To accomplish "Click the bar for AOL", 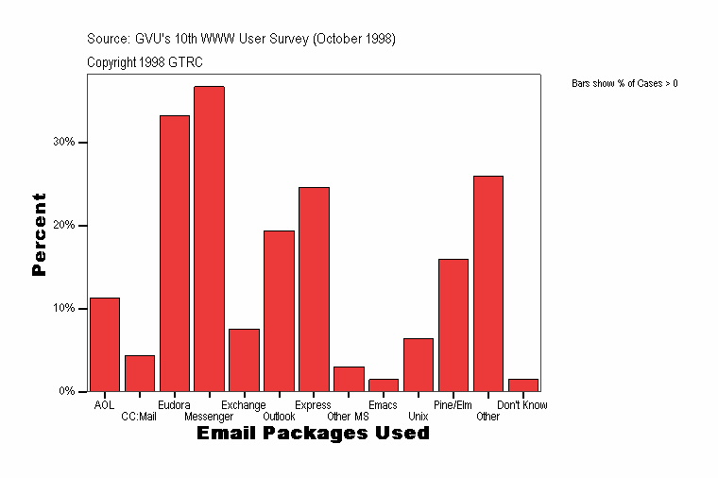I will pos(105,345).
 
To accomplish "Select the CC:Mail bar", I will pos(140,373).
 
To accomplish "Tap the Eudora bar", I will pos(175,253).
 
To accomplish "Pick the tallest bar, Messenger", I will pos(209,239).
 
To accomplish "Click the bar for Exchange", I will pos(244,360).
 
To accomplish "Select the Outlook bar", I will pos(279,311).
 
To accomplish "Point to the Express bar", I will pos(314,289).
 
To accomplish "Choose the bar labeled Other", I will pos(488,283).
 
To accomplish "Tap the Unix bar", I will pos(419,365).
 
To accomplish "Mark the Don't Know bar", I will pos(523,384).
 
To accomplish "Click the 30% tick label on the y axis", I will pos(64,143).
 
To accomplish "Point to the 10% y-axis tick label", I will pos(64,309).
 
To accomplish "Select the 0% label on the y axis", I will pos(67,391).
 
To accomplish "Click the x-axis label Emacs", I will pos(383,405).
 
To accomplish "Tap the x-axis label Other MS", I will pos(348,417).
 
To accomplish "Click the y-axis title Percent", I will pos(39,234).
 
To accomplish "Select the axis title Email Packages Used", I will pos(313,434).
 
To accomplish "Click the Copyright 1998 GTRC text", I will pos(145,62).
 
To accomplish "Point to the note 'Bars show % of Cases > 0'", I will pos(624,84).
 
